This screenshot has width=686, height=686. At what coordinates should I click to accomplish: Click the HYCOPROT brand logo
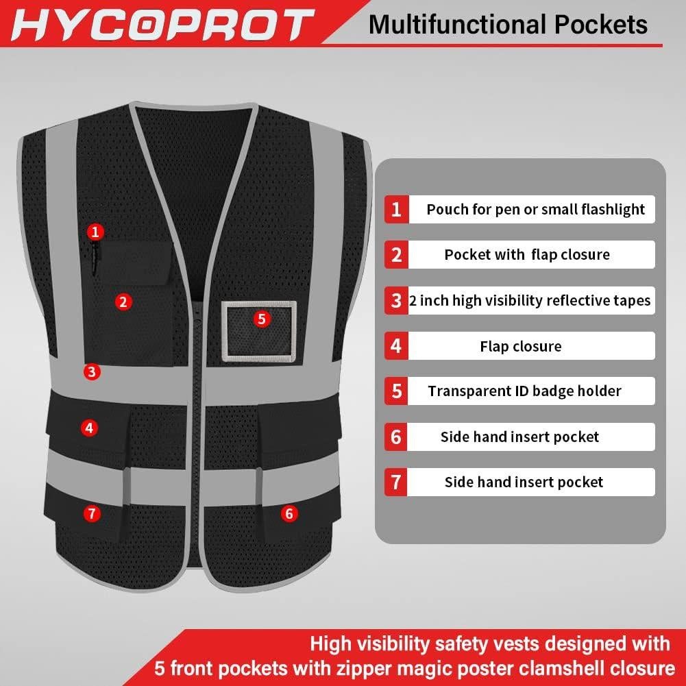[161, 25]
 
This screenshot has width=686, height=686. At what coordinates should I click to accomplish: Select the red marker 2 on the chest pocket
[123, 302]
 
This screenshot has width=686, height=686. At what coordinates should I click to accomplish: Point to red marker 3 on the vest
[93, 372]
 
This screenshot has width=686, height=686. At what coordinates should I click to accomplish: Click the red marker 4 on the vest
[89, 428]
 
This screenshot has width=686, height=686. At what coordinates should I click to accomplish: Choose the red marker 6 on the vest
[289, 513]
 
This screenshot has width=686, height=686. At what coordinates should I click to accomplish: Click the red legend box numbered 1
[396, 209]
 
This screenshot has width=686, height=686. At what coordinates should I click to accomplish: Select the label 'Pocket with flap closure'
[526, 255]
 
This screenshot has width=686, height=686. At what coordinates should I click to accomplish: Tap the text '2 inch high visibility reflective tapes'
[530, 300]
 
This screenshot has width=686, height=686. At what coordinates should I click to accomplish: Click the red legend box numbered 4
[396, 346]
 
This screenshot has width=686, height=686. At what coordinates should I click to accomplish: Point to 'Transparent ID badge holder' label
[524, 391]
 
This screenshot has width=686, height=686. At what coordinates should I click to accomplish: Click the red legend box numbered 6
[396, 437]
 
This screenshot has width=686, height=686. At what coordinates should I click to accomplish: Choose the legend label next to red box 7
[524, 482]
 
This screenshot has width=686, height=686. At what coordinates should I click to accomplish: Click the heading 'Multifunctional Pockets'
[508, 25]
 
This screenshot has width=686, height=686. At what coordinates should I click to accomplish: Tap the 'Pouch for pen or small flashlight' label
[535, 209]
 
